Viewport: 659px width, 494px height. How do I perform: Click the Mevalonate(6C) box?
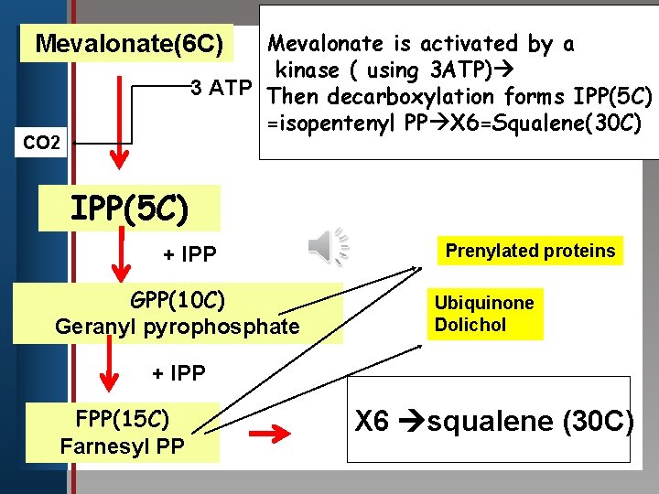(128, 43)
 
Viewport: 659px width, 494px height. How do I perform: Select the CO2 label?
(42, 142)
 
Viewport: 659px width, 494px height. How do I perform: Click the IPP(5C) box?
(130, 209)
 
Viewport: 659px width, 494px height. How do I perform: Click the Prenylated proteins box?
(530, 251)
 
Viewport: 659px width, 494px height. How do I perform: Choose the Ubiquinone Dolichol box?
(484, 314)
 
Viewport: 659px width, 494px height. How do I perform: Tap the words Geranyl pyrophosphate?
(178, 327)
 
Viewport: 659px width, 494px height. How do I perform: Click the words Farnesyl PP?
(124, 446)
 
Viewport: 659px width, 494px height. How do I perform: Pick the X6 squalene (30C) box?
(493, 421)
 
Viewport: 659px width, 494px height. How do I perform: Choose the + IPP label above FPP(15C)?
(178, 372)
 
